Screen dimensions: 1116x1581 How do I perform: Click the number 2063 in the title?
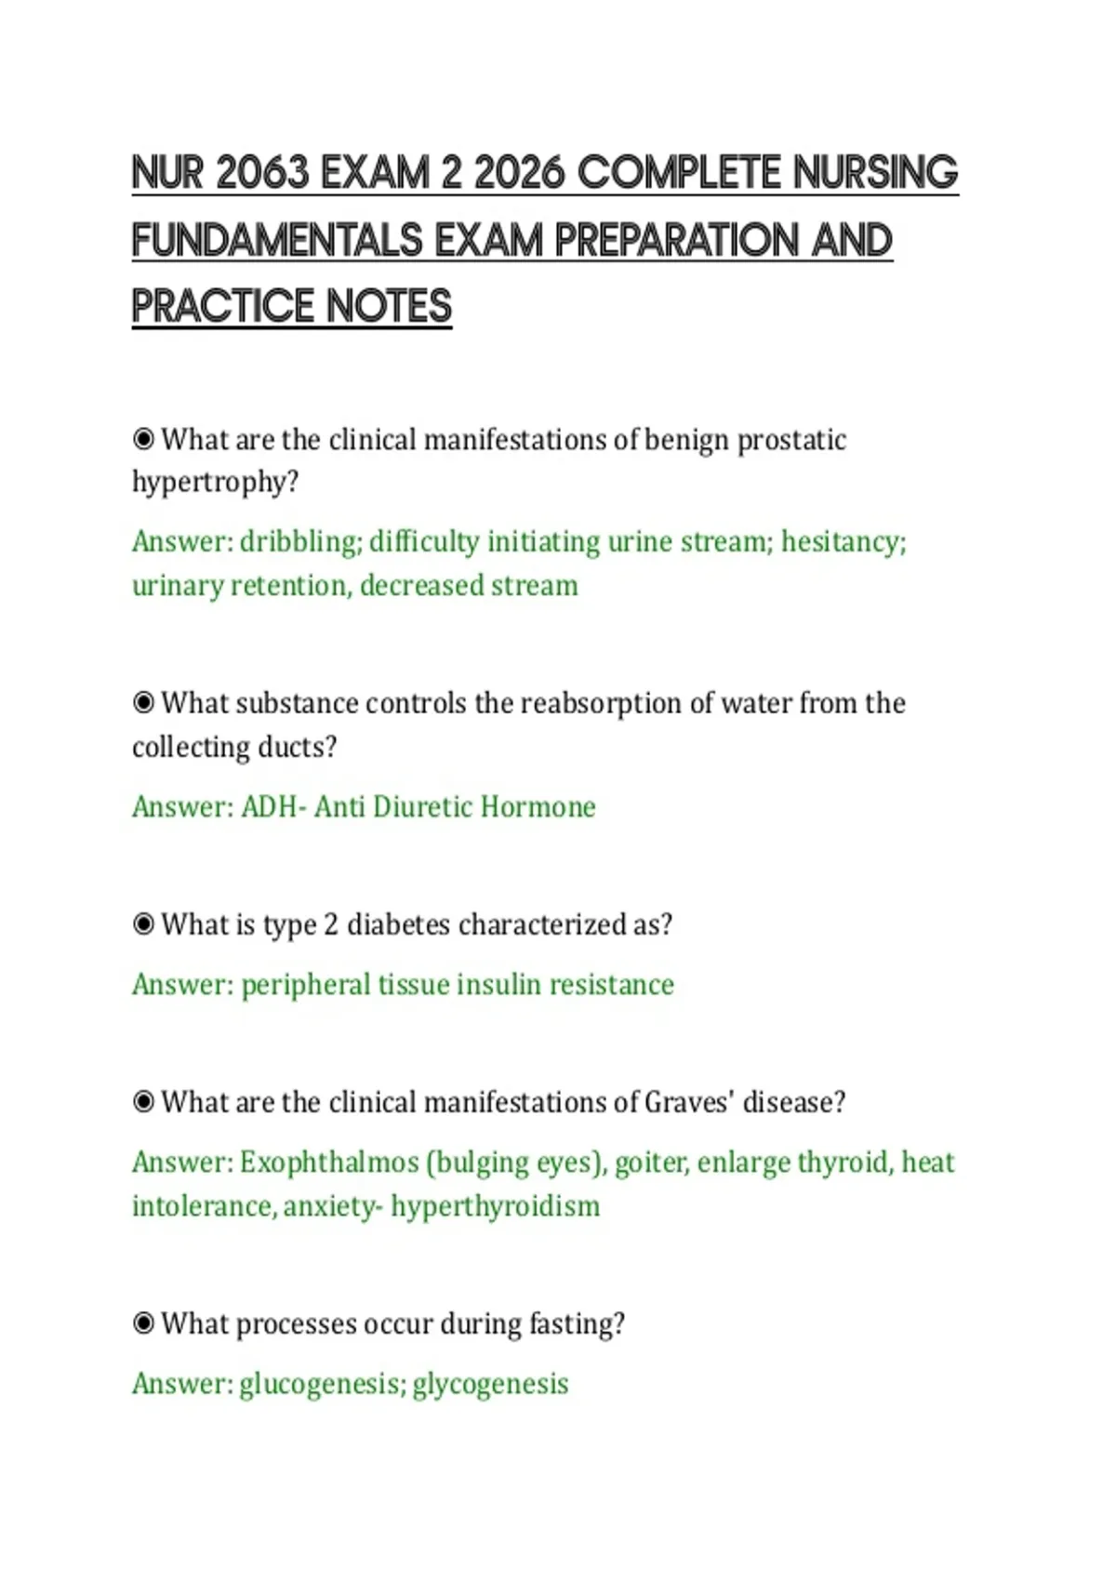coord(262,173)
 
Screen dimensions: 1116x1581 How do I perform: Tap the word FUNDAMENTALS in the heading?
coord(277,240)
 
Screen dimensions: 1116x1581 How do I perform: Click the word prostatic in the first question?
coord(791,441)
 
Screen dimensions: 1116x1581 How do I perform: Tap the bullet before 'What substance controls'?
coord(143,703)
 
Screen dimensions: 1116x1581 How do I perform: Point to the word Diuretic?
coord(423,806)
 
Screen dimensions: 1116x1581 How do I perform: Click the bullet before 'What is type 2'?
coord(143,924)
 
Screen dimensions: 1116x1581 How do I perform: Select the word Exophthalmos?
coord(329,1162)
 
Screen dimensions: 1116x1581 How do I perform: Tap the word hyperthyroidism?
coord(496,1206)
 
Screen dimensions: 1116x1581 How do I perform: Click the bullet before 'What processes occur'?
coord(143,1324)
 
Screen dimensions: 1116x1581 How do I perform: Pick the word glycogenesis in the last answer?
coord(491,1385)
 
